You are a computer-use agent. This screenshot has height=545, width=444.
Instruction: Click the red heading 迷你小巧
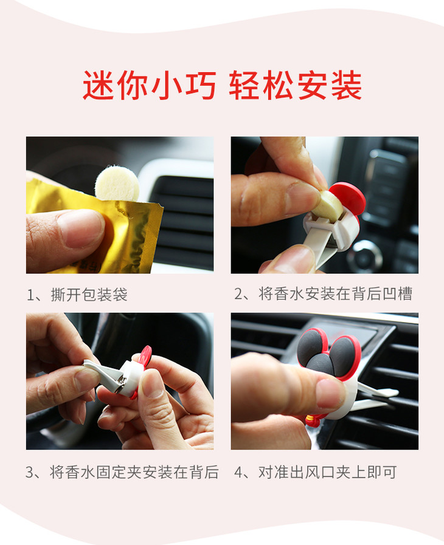[149, 85]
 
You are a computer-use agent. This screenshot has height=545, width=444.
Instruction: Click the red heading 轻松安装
[295, 85]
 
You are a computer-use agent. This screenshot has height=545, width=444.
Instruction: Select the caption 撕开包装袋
[89, 295]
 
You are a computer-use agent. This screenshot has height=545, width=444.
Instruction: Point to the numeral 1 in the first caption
[30, 295]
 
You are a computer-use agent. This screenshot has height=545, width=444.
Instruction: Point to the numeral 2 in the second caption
[238, 294]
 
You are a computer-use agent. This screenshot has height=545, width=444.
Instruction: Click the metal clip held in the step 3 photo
[105, 376]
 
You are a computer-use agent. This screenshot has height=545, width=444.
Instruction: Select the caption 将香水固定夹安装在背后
[134, 472]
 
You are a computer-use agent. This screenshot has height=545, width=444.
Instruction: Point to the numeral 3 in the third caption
[30, 472]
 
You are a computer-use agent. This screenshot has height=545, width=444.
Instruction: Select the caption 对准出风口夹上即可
[327, 472]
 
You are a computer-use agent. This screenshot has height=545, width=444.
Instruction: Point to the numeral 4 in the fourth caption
[238, 472]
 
